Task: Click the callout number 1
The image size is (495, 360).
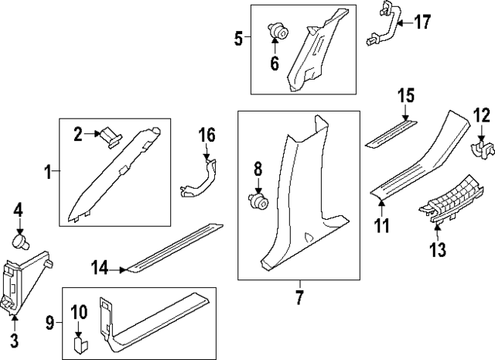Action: [48, 172]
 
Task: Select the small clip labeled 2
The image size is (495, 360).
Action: [111, 138]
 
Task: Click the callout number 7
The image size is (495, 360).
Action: [299, 297]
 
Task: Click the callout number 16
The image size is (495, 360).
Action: [207, 135]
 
